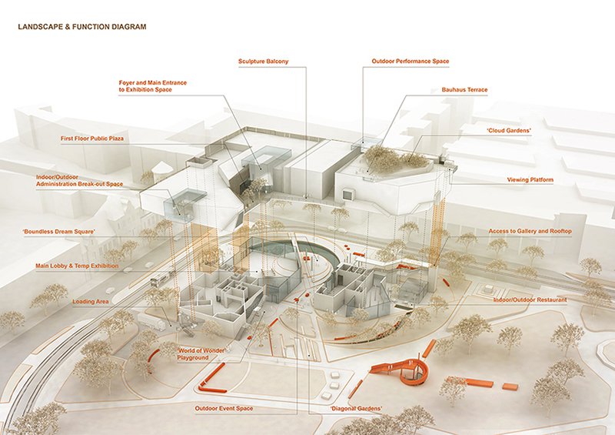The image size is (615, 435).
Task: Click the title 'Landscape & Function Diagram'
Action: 81,27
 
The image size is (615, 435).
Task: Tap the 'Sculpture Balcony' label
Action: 263,61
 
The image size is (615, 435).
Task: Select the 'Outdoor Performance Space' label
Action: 410,61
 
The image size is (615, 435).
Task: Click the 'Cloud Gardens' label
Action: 510,131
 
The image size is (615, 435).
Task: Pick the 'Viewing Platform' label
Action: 530,180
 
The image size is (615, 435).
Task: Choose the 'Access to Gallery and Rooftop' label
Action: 530,231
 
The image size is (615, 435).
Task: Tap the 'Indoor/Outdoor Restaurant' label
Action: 530,299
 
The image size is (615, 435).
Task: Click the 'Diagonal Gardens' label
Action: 356,408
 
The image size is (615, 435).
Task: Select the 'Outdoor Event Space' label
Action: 224,408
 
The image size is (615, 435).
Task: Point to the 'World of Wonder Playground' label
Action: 202,353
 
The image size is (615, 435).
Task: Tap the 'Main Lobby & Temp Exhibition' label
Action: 78,266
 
